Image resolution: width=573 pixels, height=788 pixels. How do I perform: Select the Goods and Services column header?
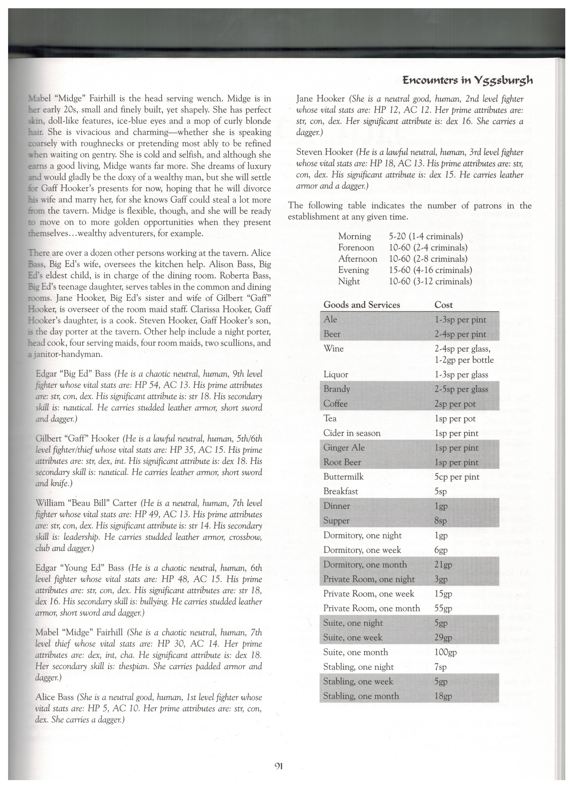coord(361,305)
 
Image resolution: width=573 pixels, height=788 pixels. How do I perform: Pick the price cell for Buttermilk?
coord(457,477)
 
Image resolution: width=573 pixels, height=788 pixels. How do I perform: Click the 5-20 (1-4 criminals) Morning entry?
coord(426,237)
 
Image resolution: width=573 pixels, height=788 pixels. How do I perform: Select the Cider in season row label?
coord(352,433)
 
